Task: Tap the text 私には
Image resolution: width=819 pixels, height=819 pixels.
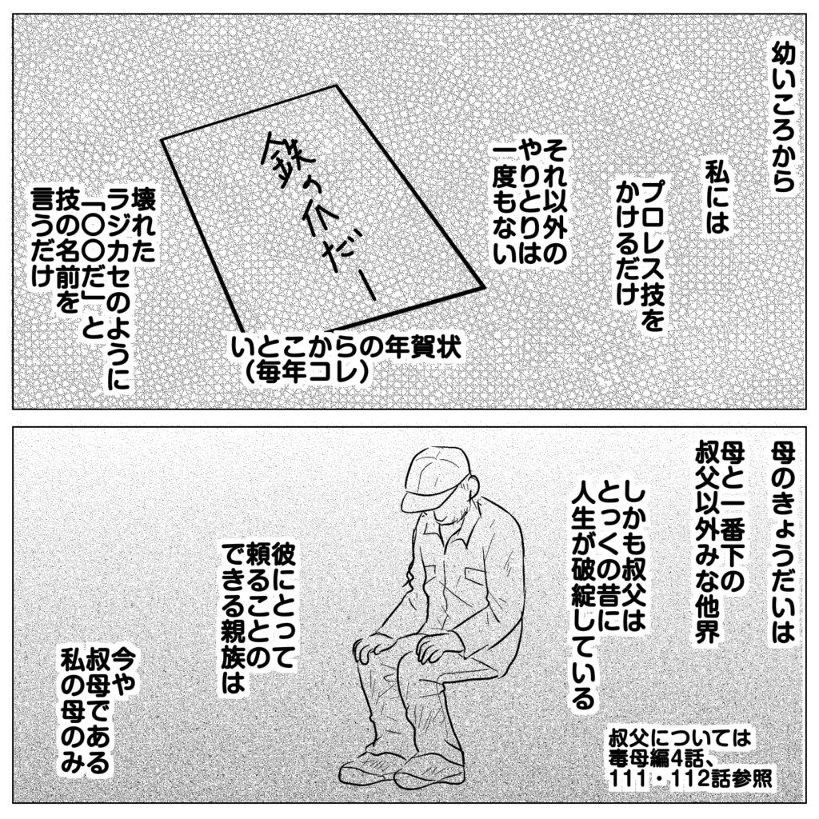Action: pos(717,195)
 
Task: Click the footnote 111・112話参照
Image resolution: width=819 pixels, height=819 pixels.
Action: pos(690,778)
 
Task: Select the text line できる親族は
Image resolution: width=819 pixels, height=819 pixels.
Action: pos(233,617)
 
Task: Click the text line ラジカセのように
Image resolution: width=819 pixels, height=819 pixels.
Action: pos(118,294)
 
